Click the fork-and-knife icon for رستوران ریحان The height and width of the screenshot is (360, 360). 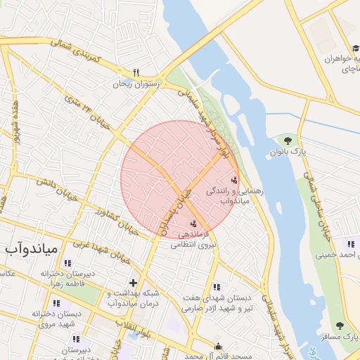[x=136, y=72]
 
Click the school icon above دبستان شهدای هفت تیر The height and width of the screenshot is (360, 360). [x=216, y=287]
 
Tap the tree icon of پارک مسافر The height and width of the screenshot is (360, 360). [x=340, y=326]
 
